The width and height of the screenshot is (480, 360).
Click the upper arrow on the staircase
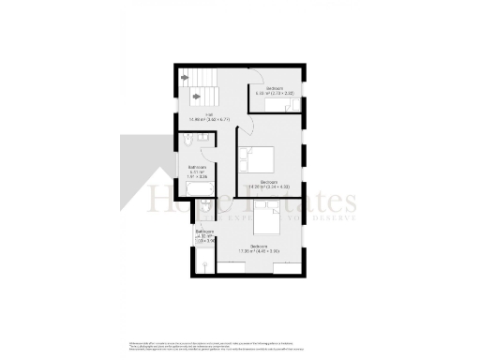coord(186,77)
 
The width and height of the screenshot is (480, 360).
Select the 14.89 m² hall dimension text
coord(211,120)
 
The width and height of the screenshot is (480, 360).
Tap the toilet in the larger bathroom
coord(191,142)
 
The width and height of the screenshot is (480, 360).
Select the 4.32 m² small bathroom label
coord(205,235)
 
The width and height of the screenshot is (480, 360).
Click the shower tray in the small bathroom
coord(203,264)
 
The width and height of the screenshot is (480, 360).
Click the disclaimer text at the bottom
coord(239,342)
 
